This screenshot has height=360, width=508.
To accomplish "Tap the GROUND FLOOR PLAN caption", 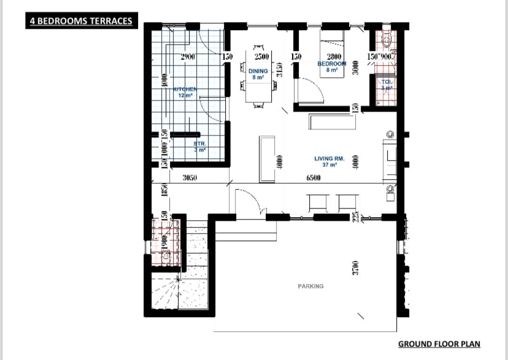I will pyautogui.click(x=439, y=345).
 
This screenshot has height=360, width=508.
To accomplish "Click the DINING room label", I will pyautogui.click(x=258, y=71).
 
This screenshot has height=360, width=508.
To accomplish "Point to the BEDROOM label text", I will pyautogui.click(x=332, y=64).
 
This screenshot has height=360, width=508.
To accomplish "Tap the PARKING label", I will pyautogui.click(x=311, y=286).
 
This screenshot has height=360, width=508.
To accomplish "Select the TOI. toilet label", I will pyautogui.click(x=387, y=82).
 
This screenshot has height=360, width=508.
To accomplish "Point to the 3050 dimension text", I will pyautogui.click(x=193, y=178).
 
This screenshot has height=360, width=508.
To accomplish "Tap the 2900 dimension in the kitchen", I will pyautogui.click(x=188, y=57).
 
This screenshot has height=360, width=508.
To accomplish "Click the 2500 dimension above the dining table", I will pyautogui.click(x=262, y=57).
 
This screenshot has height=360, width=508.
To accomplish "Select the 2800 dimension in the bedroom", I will pyautogui.click(x=333, y=57).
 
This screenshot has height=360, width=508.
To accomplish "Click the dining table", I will pyautogui.click(x=258, y=84).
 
